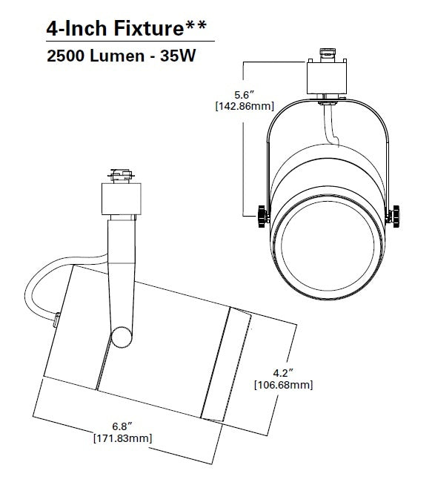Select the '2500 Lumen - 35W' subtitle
(120, 56)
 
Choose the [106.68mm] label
(282, 385)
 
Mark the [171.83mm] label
(122, 438)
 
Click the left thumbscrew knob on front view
(260, 217)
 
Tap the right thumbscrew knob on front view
(399, 217)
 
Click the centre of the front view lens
(329, 249)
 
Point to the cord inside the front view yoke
(331, 126)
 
